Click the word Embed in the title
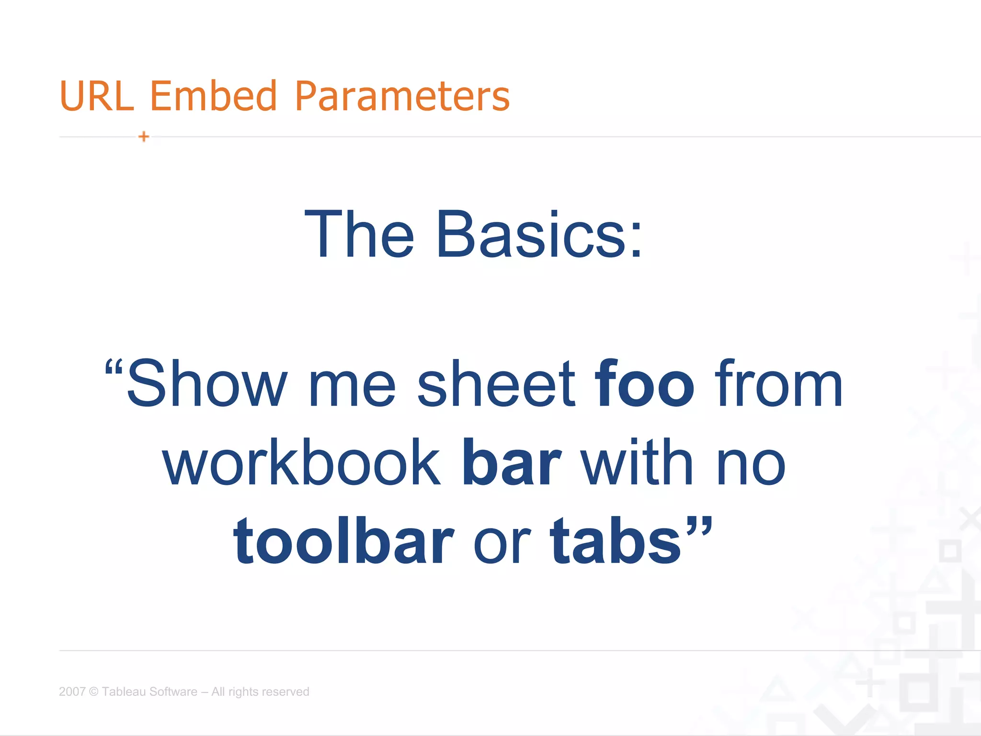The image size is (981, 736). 214,96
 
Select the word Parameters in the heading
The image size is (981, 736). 402,96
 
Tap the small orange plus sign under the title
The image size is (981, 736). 144,137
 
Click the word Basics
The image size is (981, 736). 538,235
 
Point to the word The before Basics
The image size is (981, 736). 359,235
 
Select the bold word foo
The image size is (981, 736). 644,384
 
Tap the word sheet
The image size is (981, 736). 496,384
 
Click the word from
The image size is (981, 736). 778,384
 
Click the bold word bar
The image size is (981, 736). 511,463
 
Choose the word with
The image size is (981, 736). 637,463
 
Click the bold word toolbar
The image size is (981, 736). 343,541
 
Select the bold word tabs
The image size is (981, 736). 615,541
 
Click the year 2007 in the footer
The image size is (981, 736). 72,691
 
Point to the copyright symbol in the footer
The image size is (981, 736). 94,691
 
